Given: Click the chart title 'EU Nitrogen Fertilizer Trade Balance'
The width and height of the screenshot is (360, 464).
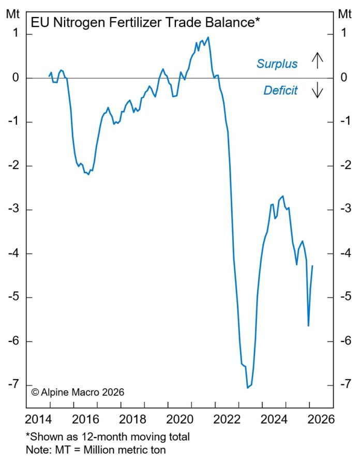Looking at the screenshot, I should tap(145, 23).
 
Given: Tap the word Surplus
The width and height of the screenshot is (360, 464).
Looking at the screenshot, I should tap(277, 64).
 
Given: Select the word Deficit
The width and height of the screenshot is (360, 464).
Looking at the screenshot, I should tap(280, 91).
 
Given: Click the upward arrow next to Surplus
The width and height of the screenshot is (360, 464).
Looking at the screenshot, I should tap(317, 61).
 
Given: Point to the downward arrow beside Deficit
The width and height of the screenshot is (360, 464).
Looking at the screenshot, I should tap(317, 91).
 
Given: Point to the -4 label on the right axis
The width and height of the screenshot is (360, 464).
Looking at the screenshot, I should tap(344, 253).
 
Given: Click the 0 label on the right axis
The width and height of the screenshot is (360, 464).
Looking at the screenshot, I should tap(344, 78).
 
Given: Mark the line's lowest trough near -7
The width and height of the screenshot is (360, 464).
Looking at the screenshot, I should tap(248, 387).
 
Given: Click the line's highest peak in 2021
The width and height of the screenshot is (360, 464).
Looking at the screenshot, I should tap(208, 37).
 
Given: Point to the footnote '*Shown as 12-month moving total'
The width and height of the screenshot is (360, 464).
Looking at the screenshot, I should tap(108, 437).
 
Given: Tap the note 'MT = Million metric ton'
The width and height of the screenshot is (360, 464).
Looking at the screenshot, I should tap(96, 450).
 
